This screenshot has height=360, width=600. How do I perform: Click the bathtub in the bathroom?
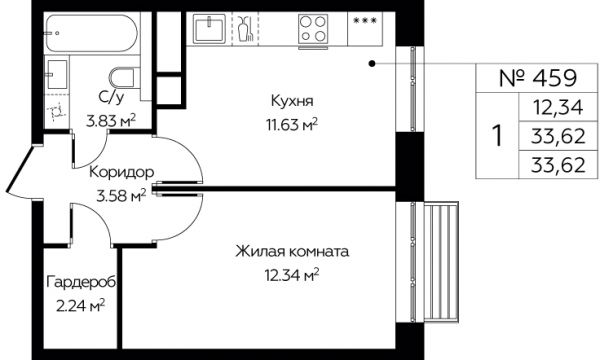92,33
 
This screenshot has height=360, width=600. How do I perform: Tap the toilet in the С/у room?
124,78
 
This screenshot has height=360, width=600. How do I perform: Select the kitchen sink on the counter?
209,28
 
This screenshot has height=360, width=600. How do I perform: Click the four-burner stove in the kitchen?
313,28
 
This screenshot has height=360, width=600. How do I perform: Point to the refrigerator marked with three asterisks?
365,29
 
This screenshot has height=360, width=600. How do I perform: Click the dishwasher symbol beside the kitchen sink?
246,29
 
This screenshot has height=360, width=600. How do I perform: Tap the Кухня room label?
292,101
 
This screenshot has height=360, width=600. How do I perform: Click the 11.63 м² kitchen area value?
292,124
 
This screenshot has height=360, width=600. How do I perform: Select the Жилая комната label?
292,252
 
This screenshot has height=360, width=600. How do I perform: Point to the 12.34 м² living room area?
292,275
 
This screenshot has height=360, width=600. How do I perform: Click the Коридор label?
122,173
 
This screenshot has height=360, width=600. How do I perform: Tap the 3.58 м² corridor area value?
122,196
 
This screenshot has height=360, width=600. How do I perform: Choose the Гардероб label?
81,283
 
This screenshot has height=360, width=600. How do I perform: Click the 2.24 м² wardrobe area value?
81,306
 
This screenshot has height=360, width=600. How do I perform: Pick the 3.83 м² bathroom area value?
111,122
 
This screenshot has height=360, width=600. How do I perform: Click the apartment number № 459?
538,78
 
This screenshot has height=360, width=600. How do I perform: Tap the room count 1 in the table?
497,136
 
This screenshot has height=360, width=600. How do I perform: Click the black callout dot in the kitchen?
372,64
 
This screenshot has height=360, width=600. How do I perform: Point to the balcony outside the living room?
441,262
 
